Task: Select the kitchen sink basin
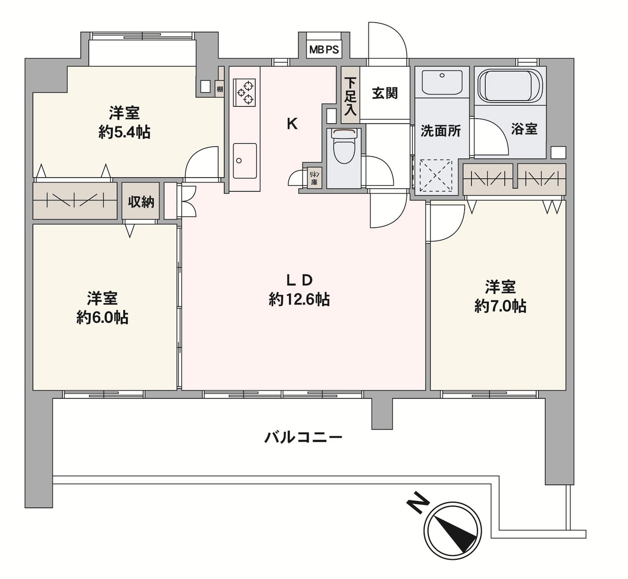coord(244,160)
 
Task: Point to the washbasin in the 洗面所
coord(442,81)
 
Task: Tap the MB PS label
coord(324,50)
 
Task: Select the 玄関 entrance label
coord(385,93)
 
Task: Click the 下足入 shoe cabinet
coord(350,95)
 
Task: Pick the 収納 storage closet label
coord(141,202)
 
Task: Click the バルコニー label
coord(303,438)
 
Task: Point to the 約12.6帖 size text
coord(299,299)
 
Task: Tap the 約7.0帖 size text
coord(500,307)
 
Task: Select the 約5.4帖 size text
coord(125,132)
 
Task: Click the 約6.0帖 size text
coord(103,317)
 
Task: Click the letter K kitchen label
coord(292,124)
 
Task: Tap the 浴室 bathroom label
coord(524,129)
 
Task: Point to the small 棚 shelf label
coord(220,89)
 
